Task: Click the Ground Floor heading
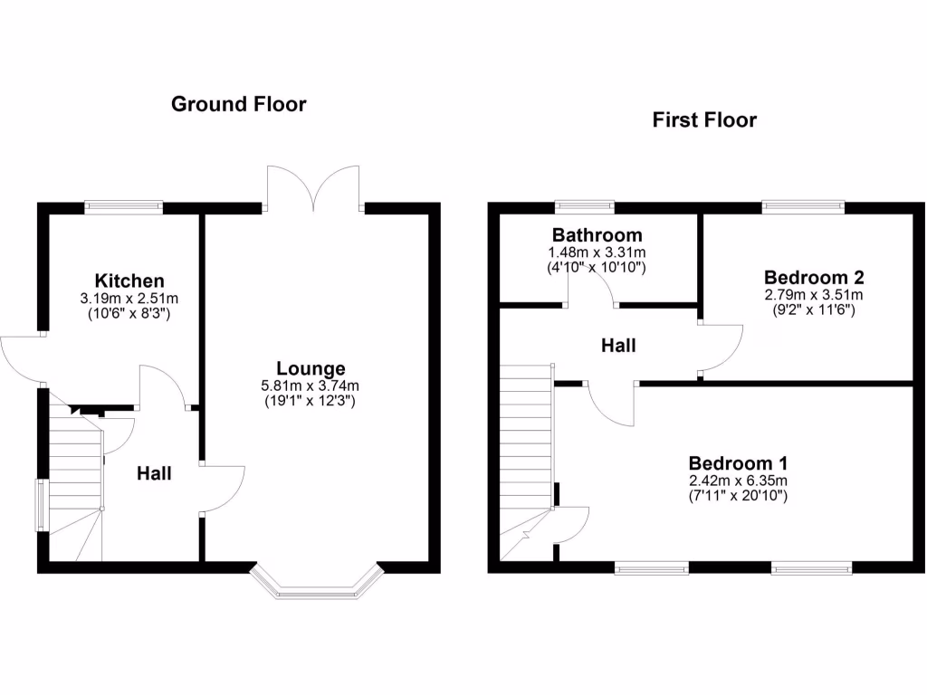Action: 239,104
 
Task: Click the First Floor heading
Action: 704,119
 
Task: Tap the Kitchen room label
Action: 130,281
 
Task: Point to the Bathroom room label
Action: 597,236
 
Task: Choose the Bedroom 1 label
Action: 738,462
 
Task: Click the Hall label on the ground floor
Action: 154,472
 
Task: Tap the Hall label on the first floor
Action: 619,346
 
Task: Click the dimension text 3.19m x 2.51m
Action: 130,298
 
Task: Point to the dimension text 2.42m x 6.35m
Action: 738,480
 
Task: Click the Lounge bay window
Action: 315,585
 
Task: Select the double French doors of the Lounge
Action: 314,188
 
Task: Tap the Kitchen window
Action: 124,207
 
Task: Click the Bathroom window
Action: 584,207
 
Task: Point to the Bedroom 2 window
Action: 803,207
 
